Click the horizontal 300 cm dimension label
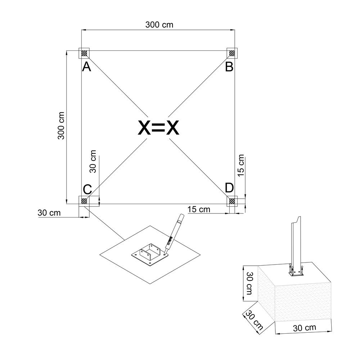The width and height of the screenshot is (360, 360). click(x=159, y=24)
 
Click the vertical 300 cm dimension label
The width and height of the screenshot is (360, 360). click(x=61, y=126)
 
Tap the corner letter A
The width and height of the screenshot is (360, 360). click(x=86, y=67)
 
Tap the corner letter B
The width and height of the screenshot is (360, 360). click(x=229, y=67)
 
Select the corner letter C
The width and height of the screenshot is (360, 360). click(x=87, y=190)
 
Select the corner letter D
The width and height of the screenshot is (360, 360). click(x=229, y=188)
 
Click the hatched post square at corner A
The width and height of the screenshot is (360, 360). click(x=84, y=53)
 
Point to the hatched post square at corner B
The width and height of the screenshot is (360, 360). click(x=232, y=53)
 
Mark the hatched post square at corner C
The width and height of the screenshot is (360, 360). click(x=84, y=201)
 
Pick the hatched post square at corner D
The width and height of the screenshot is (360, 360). click(x=232, y=201)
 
